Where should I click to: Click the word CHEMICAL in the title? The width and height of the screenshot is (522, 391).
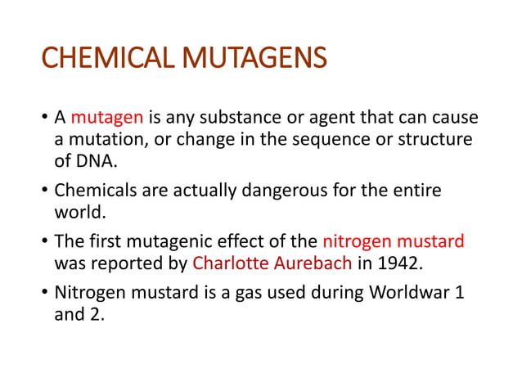(109, 60)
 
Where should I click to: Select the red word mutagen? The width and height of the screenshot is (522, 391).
(100, 118)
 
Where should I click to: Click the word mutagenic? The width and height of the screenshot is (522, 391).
(165, 242)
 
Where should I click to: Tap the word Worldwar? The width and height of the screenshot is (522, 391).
(410, 293)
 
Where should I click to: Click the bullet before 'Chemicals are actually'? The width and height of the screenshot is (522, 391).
(44, 192)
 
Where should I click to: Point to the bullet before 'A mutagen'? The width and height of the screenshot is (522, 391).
(44, 119)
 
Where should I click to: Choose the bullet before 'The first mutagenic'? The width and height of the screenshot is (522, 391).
(44, 243)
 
